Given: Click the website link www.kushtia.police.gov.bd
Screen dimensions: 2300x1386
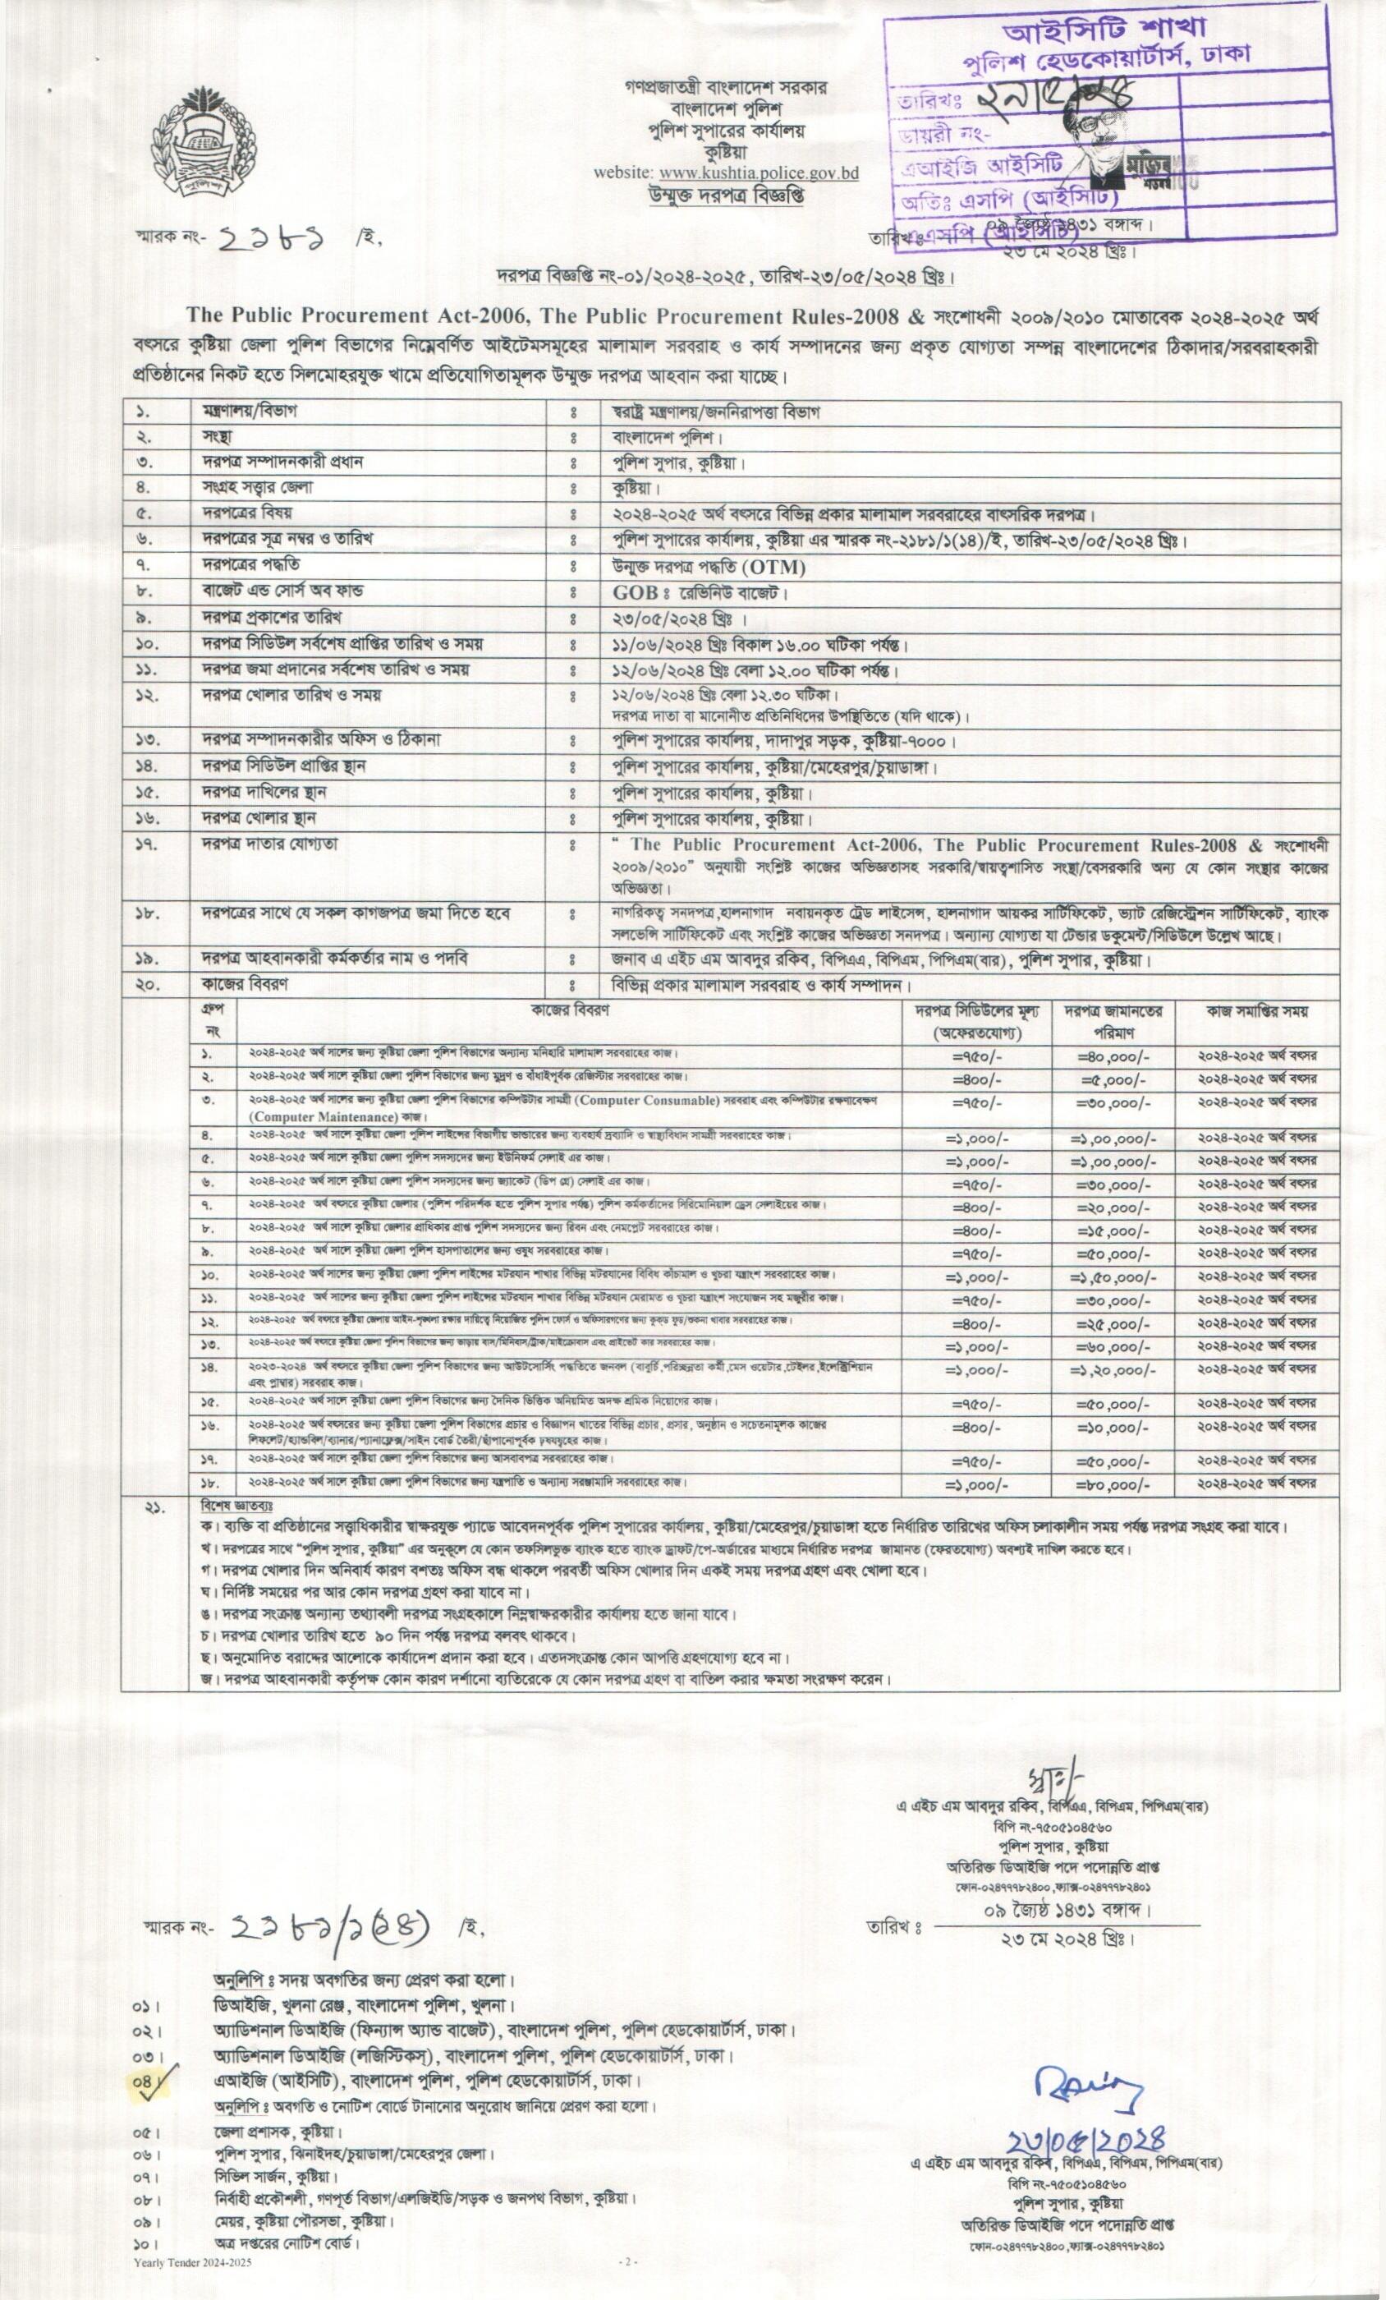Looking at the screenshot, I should coord(759,172).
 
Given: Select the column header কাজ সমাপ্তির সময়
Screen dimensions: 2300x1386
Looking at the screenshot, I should coord(1258,1011).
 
